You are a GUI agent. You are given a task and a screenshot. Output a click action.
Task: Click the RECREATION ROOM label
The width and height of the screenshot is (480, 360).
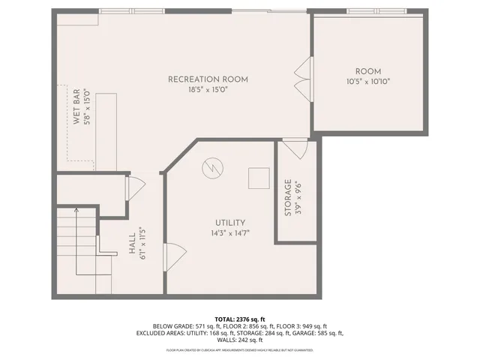click(x=208, y=79)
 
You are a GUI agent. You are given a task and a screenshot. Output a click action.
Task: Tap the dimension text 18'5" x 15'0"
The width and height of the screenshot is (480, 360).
click(x=208, y=90)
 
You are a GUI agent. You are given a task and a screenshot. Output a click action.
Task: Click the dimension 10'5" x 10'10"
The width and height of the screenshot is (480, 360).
click(x=368, y=81)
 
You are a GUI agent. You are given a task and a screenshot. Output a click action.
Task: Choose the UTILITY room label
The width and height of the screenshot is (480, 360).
click(x=230, y=222)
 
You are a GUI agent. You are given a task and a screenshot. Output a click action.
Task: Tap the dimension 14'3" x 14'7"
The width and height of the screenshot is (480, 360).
click(x=230, y=233)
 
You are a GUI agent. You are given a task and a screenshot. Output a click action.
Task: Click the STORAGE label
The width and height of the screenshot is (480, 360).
click(x=288, y=198)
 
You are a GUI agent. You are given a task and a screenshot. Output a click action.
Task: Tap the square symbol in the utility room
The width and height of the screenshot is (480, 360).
click(x=259, y=178)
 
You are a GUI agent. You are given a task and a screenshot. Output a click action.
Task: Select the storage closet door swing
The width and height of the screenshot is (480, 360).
click(x=294, y=148)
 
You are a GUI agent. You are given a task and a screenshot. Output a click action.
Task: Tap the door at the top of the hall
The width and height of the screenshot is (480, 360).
click(x=136, y=187)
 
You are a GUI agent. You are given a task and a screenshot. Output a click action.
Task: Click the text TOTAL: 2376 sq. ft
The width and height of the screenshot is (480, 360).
click(x=239, y=318)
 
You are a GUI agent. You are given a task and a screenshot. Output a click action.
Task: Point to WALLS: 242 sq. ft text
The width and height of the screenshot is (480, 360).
click(x=239, y=340)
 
